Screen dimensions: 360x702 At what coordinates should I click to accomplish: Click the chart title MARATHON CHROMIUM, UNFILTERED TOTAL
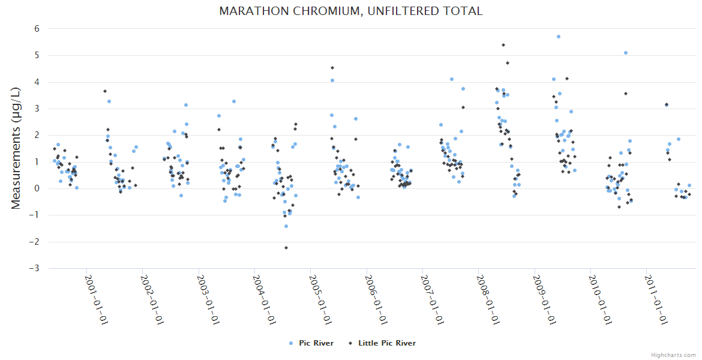350,11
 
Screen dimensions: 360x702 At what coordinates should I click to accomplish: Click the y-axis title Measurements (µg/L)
16,148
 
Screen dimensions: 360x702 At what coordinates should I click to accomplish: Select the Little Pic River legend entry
386,343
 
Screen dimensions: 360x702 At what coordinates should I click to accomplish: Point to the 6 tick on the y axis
37,29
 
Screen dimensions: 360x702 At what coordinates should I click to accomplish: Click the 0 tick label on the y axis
37,188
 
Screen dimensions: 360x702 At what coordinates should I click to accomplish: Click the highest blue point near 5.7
559,37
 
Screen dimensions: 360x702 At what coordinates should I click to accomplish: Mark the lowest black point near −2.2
286,248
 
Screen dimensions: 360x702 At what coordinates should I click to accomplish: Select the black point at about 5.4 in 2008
503,45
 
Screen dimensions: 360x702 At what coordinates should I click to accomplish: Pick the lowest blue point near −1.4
286,226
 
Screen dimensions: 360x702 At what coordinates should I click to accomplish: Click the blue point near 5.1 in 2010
626,53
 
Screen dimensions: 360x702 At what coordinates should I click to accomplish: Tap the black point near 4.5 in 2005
332,68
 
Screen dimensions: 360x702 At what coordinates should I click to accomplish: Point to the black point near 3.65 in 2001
105,91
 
